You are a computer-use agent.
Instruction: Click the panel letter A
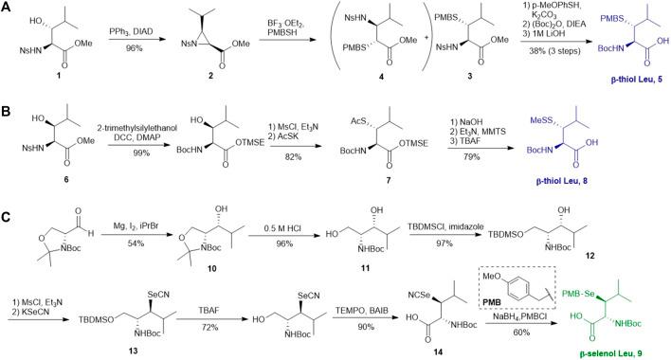pyautogui.click(x=9, y=8)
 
